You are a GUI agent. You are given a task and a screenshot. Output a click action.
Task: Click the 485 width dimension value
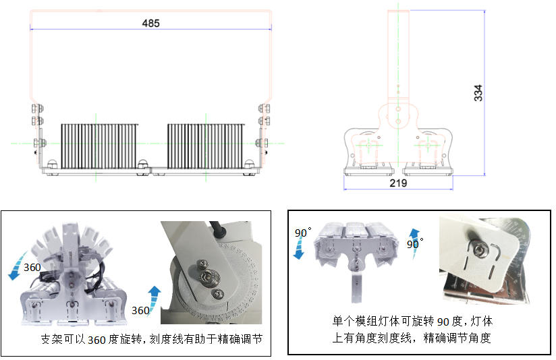tap(150, 23)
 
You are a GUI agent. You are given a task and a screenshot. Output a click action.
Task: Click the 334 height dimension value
tap(478, 93)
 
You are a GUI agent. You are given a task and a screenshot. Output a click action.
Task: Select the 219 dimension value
tap(397, 183)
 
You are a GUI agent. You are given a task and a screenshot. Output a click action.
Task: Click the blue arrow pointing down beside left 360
tap(14, 271)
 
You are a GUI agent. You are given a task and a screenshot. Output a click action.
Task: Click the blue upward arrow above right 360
tap(155, 295)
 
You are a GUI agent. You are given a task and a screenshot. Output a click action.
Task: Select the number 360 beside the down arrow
tap(32, 268)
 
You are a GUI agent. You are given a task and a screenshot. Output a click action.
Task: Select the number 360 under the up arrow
tap(140, 311)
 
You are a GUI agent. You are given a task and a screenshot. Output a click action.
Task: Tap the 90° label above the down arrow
tap(302, 233)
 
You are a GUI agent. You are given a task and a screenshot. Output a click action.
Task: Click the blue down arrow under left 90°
tap(299, 250)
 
